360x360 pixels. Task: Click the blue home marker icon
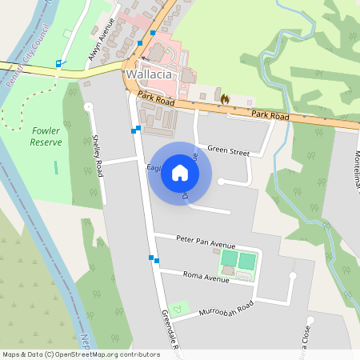(x=180, y=173)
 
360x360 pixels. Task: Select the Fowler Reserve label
(x=46, y=135)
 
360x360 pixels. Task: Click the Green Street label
(x=228, y=149)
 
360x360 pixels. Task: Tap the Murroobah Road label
(x=226, y=309)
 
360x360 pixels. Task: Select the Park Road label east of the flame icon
(x=270, y=116)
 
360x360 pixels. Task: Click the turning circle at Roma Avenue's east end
(x=293, y=276)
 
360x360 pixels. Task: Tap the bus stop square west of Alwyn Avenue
(x=58, y=63)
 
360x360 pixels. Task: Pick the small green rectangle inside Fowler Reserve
(x=56, y=168)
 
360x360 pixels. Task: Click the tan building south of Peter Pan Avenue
(x=228, y=271)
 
